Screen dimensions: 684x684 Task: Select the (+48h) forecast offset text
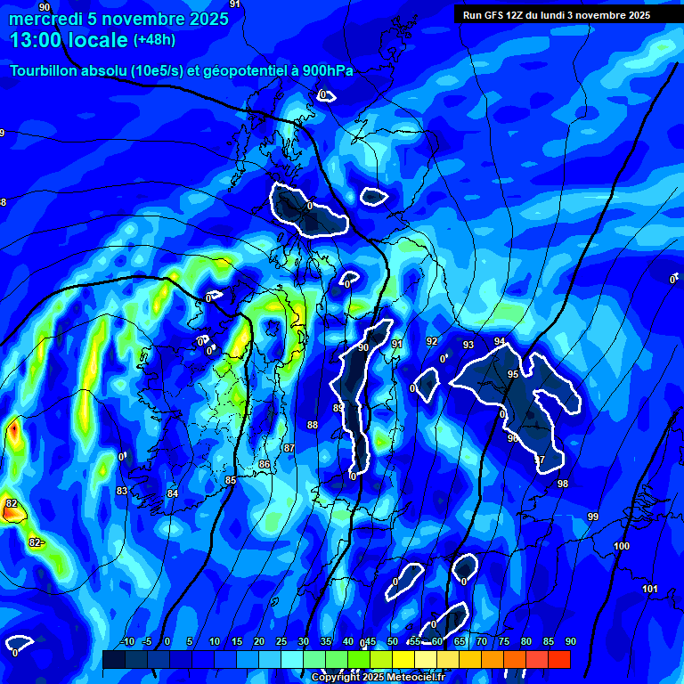[154, 40]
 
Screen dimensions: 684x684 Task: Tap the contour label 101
[649, 589]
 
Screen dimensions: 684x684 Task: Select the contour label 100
[622, 546]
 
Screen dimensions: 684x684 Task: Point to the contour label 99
[593, 517]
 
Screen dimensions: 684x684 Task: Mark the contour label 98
[562, 484]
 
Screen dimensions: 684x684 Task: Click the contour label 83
[122, 491]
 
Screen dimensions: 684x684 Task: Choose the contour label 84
[173, 493]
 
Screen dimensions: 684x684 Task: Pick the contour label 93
[468, 345]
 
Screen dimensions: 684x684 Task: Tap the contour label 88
[313, 425]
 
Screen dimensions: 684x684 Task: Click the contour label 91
[397, 344]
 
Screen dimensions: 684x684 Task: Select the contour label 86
[265, 464]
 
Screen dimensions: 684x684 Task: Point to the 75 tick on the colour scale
[503, 642]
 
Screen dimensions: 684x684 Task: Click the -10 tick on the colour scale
[127, 642]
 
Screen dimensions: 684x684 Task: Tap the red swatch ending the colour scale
[558, 659]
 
